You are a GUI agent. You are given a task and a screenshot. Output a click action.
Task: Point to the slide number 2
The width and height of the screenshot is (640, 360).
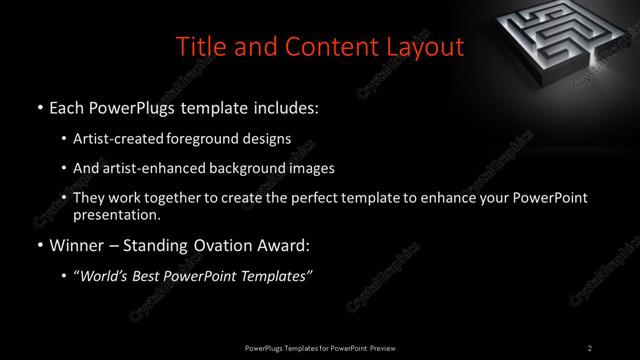pyautogui.click(x=590, y=348)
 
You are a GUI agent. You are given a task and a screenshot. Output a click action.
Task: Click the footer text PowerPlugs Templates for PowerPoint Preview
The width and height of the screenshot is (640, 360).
pyautogui.click(x=319, y=348)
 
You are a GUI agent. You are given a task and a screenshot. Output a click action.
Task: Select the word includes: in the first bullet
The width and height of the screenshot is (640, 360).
pyautogui.click(x=285, y=106)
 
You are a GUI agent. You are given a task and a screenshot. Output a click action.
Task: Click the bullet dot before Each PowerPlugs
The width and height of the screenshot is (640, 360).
pyautogui.click(x=39, y=106)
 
